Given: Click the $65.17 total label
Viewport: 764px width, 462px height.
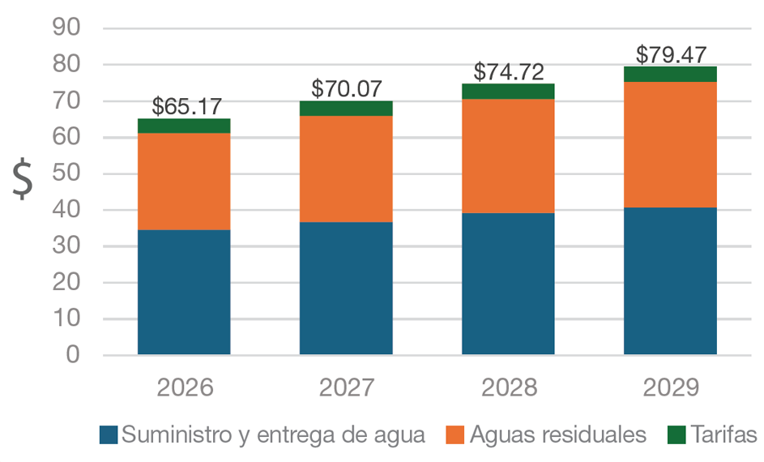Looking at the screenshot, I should tap(186, 106).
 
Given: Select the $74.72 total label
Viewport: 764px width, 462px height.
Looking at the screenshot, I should tap(508, 71).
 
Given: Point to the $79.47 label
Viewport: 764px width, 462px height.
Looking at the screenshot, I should tap(670, 54).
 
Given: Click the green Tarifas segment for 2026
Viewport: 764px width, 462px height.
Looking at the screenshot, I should tap(184, 126).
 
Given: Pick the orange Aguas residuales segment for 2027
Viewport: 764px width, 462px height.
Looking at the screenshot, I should tap(346, 169).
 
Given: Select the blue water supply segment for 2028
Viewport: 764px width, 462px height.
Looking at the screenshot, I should tap(508, 284).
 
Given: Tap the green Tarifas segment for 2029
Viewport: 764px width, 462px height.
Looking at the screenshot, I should tap(670, 74).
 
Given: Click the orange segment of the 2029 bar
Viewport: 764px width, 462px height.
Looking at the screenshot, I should tap(670, 144).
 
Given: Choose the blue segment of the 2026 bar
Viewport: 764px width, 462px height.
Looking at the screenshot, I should tap(184, 292).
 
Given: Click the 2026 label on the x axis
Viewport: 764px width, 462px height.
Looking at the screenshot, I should tap(185, 387).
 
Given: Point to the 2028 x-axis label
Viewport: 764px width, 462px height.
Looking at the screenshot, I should tap(509, 387).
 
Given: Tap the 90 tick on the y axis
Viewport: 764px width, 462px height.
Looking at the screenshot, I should tap(66, 28).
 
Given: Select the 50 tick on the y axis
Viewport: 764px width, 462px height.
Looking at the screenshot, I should tap(66, 174).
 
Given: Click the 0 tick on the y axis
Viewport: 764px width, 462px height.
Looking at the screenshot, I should tap(74, 356).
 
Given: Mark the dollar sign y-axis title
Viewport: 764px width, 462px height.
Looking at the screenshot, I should tap(24, 179).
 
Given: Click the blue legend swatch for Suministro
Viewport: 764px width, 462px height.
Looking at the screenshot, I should tap(109, 435).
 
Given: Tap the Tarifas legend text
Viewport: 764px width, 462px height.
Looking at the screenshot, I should tap(724, 435).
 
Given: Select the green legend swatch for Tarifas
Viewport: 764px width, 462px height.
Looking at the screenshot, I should tap(677, 435).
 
